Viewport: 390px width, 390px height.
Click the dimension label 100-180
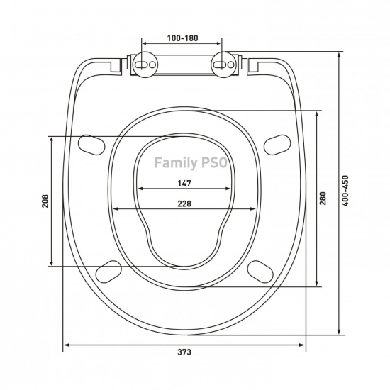click(x=182, y=38)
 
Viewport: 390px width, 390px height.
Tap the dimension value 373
click(x=184, y=352)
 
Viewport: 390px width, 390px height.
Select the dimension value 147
click(x=184, y=184)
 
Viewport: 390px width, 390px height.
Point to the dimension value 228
click(x=184, y=204)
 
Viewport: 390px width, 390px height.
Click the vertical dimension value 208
click(x=45, y=201)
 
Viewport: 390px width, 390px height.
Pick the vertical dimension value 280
click(x=323, y=199)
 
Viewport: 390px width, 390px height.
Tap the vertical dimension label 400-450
click(x=345, y=191)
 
